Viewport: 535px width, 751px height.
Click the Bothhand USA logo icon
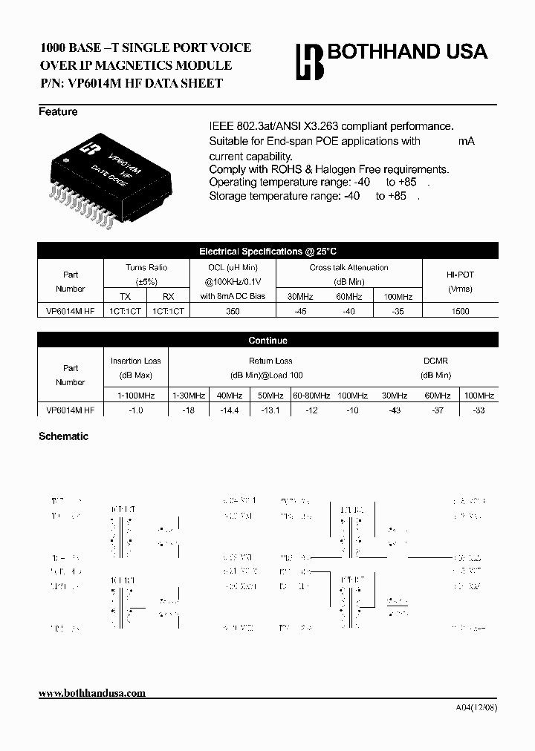point(310,61)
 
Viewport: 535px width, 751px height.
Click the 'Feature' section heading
point(58,112)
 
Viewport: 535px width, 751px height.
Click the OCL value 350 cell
point(233,312)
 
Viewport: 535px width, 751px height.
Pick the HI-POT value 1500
point(460,312)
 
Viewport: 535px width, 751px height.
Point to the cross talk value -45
point(300,312)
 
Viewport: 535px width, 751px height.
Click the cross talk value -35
point(398,312)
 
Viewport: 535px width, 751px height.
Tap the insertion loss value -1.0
point(136,410)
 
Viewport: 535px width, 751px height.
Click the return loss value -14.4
point(230,410)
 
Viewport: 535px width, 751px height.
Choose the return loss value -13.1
point(270,410)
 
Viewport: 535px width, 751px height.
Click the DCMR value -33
point(479,410)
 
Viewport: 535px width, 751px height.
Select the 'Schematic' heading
point(63,436)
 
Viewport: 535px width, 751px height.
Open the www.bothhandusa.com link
point(92,693)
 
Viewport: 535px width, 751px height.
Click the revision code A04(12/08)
point(476,706)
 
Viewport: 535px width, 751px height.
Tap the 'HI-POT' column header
point(460,274)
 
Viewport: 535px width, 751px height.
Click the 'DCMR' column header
point(436,361)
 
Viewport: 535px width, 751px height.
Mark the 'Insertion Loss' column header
point(136,361)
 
